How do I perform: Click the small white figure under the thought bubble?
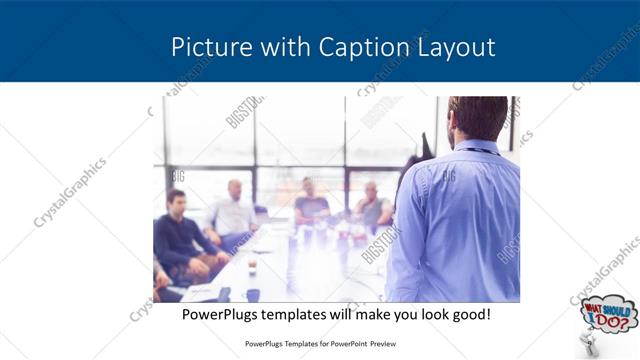point(589,345)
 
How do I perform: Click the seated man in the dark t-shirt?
point(311,203)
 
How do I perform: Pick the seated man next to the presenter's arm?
point(373,205)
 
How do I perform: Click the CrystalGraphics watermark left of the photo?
point(70,192)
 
